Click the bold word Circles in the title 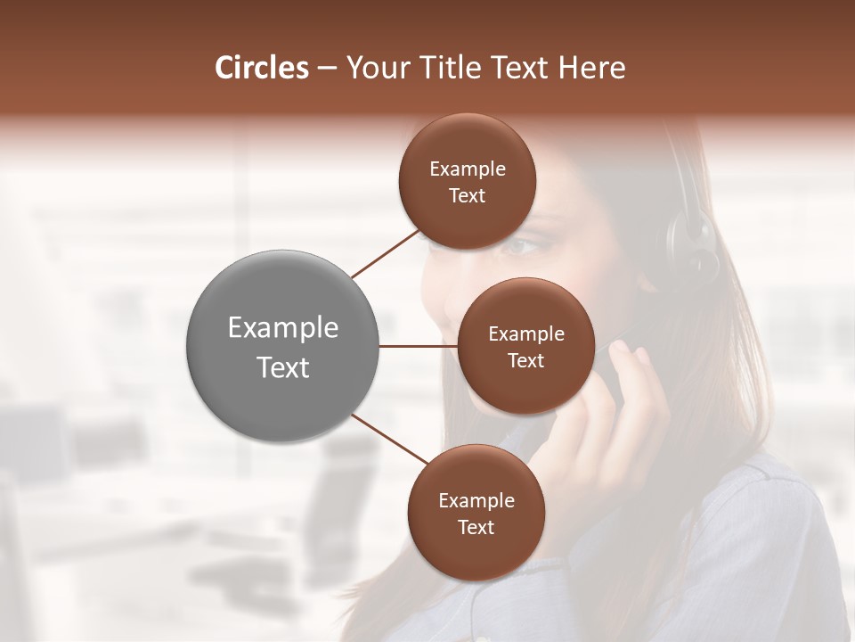[x=261, y=68]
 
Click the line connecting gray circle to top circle [x=386, y=254]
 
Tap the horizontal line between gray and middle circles [x=419, y=346]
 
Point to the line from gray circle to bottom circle [x=390, y=440]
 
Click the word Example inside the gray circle [x=283, y=327]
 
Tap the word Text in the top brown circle [x=468, y=196]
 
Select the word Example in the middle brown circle [x=526, y=333]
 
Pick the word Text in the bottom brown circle [x=476, y=527]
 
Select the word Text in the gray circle [x=283, y=366]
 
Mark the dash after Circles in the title [x=327, y=68]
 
